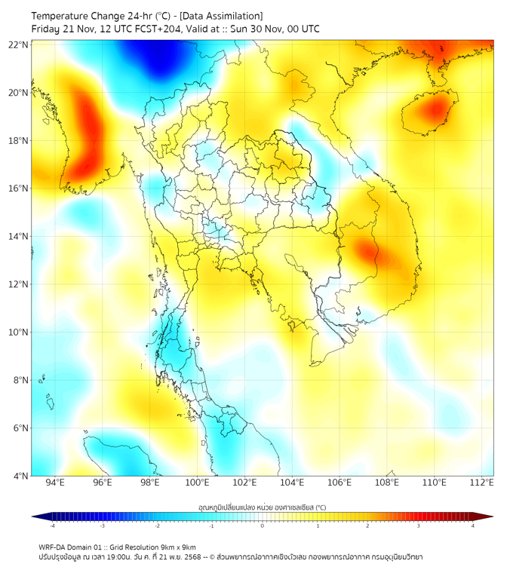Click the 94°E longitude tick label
(x=55, y=483)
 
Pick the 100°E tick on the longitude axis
(x=198, y=483)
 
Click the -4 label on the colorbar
(x=52, y=526)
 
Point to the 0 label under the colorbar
(x=263, y=526)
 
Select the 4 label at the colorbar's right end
(x=473, y=526)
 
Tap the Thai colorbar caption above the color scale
(x=262, y=507)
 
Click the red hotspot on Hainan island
(x=435, y=110)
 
